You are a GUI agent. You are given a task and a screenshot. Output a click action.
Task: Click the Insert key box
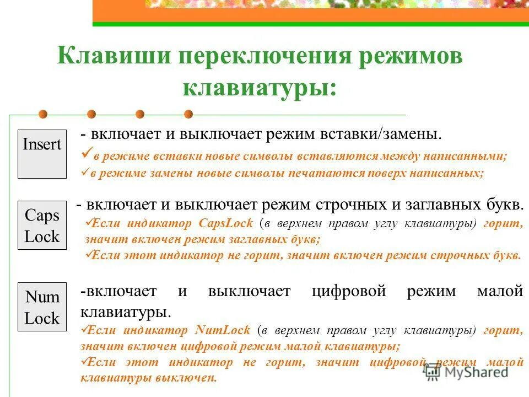point(42,154)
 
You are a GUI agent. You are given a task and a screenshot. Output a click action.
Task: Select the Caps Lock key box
point(42,226)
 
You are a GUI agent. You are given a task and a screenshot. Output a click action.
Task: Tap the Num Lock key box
point(42,307)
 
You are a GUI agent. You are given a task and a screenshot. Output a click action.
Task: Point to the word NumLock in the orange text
point(223,331)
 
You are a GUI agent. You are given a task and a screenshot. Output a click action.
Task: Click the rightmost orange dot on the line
point(188,114)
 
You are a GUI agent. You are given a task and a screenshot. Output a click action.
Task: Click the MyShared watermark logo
point(466,372)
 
